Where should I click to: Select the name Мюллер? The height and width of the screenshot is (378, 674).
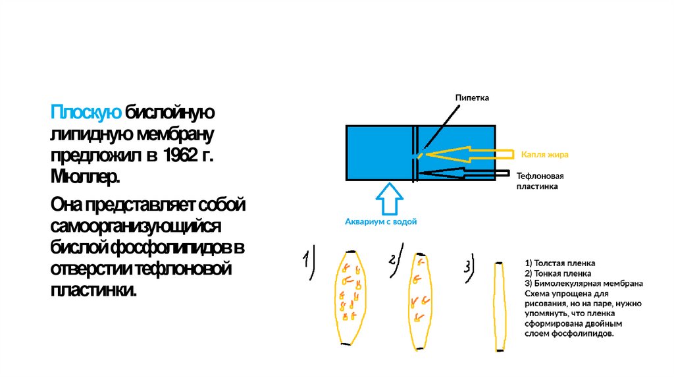[x=86, y=177]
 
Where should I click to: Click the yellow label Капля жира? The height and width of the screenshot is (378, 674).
[x=544, y=154]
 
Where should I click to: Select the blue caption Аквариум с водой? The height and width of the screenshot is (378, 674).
[x=381, y=222]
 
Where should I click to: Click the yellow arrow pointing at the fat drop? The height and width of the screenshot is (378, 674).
[x=467, y=155]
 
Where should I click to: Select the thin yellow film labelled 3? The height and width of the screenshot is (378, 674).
[x=499, y=307]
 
